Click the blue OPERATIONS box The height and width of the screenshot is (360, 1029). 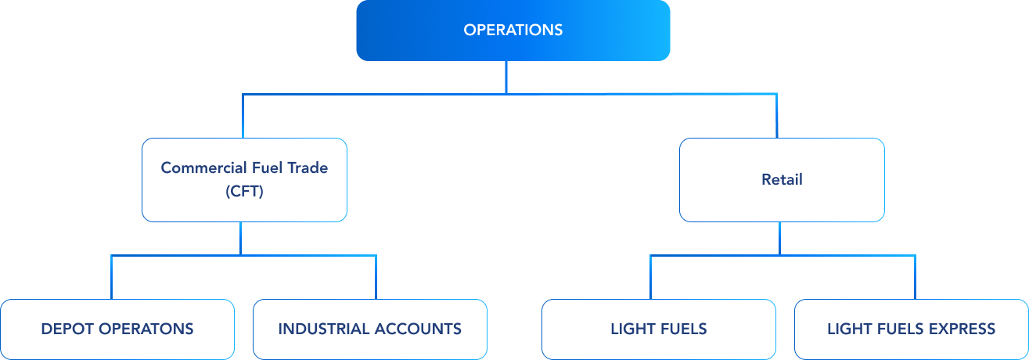click(513, 31)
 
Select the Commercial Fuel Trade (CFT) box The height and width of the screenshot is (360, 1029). click(244, 179)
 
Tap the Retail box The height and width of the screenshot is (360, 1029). click(782, 179)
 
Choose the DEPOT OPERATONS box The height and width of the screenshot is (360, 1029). click(117, 329)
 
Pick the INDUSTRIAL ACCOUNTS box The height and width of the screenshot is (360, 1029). click(370, 329)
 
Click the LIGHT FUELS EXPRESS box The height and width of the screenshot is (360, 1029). click(911, 329)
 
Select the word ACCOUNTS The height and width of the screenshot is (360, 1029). click(417, 329)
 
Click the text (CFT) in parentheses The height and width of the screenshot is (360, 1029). click(244, 191)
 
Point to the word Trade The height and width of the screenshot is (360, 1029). click(309, 167)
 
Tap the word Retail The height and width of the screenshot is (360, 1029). click(782, 179)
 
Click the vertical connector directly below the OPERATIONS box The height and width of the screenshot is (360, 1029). click(506, 77)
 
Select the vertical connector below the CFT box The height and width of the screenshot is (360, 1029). click(240, 238)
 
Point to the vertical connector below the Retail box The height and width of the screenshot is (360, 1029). click(779, 238)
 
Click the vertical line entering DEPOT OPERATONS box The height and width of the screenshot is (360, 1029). click(111, 277)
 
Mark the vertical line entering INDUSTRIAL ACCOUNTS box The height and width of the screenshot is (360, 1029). click(376, 277)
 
